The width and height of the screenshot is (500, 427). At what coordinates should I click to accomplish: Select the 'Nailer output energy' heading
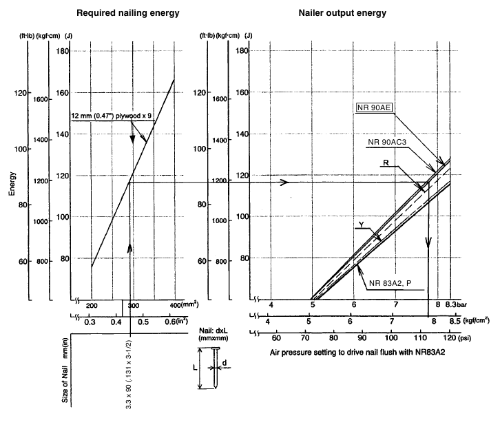342,13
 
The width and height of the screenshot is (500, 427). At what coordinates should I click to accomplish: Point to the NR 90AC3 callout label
391,140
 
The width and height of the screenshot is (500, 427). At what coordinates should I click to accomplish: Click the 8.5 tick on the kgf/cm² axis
455,321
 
